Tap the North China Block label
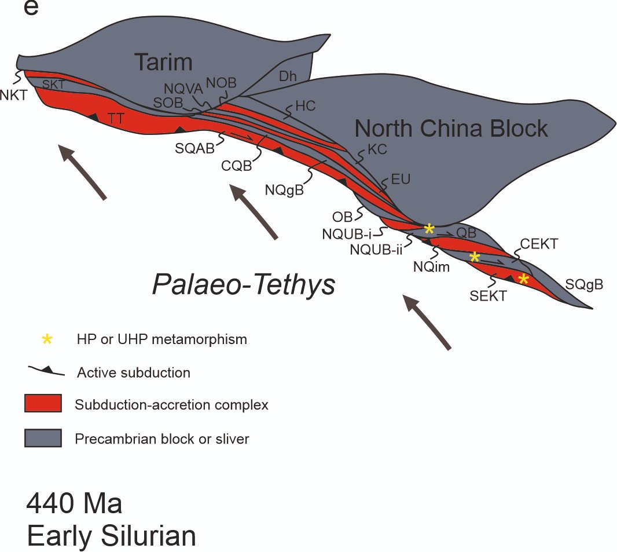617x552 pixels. [451, 128]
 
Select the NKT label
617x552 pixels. [14, 96]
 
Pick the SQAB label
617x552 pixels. [195, 148]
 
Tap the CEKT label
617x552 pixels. [539, 244]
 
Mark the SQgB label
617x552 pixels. [584, 284]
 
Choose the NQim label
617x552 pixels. [431, 267]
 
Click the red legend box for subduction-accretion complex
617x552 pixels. [43, 404]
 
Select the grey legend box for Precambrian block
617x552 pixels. [43, 438]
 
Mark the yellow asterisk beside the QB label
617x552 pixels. [429, 229]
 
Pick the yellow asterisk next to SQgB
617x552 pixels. [523, 279]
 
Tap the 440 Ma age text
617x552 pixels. [74, 504]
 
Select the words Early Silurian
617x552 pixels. [111, 536]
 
